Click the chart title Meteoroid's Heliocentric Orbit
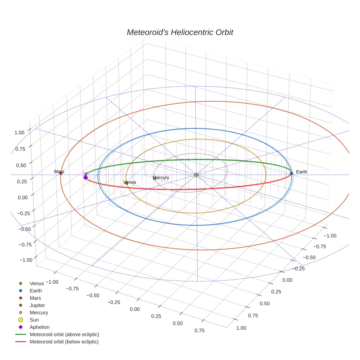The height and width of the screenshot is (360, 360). [x=180, y=32]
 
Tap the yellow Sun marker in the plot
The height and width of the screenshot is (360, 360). [x=196, y=175]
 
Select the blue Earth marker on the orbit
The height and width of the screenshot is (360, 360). [x=291, y=173]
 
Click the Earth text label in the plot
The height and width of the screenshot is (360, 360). [x=301, y=172]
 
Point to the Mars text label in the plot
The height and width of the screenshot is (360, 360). [x=59, y=171]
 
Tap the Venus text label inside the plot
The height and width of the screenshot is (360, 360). [x=130, y=182]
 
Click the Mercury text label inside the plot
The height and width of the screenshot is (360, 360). [x=161, y=177]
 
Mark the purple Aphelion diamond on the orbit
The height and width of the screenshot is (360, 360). [x=86, y=177]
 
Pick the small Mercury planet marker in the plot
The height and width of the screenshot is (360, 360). [x=154, y=179]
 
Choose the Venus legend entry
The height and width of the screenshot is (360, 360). [x=37, y=283]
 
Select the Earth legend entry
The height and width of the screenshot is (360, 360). [x=36, y=290]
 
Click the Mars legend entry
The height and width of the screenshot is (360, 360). [x=35, y=298]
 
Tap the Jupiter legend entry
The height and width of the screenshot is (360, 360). [x=37, y=305]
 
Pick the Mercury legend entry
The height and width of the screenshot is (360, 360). [x=39, y=312]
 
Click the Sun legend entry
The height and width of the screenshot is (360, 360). [x=34, y=320]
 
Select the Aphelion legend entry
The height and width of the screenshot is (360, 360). [x=40, y=327]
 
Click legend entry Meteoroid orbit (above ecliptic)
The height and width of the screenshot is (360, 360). [x=64, y=334]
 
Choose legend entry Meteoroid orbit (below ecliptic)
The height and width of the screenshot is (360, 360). [x=64, y=342]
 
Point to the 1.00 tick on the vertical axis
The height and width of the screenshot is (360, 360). [x=19, y=133]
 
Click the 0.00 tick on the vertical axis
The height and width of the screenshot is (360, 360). [x=23, y=197]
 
